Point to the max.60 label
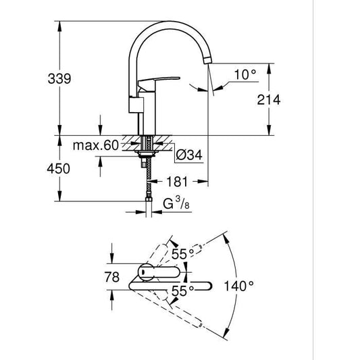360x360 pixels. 97,145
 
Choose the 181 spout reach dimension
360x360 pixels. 174,182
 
